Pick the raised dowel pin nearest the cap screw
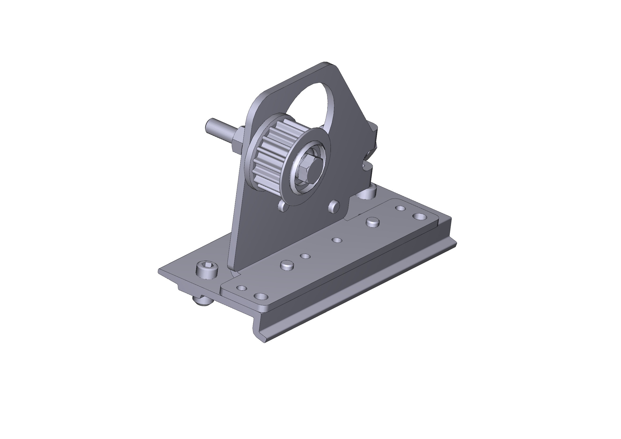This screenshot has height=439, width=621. click(287, 265)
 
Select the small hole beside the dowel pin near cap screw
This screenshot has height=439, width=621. click(305, 256)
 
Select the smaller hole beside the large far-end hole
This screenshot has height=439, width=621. click(400, 208)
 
